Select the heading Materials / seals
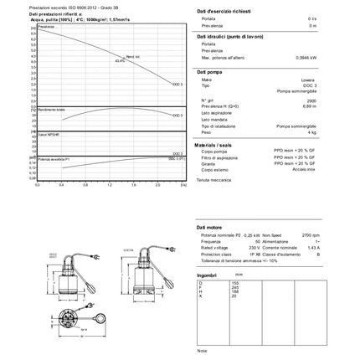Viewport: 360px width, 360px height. click(x=217, y=145)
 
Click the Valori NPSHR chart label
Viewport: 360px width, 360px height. click(x=49, y=134)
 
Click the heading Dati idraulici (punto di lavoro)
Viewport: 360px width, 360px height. click(x=226, y=38)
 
